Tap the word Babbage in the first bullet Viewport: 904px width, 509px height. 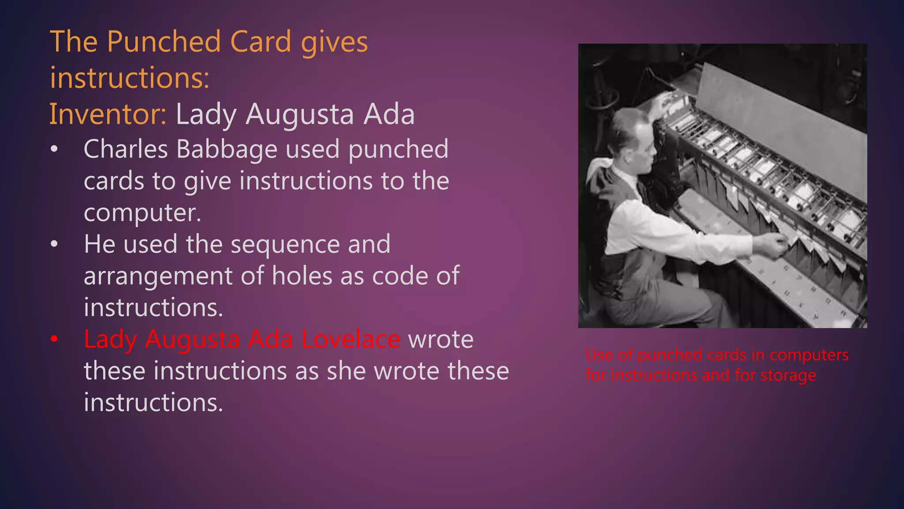click(227, 149)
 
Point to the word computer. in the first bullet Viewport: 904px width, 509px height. click(142, 213)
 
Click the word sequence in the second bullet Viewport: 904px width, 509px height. click(285, 244)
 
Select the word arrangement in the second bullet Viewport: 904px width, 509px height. click(158, 276)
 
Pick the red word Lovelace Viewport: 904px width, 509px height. click(351, 340)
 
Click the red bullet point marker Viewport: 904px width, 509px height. click(54, 339)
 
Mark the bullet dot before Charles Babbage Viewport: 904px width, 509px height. click(54, 149)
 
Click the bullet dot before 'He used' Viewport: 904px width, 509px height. click(54, 244)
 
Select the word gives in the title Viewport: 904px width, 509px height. click(334, 42)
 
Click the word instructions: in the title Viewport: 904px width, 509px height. click(130, 78)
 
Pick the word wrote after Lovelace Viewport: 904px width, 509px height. click(441, 340)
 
